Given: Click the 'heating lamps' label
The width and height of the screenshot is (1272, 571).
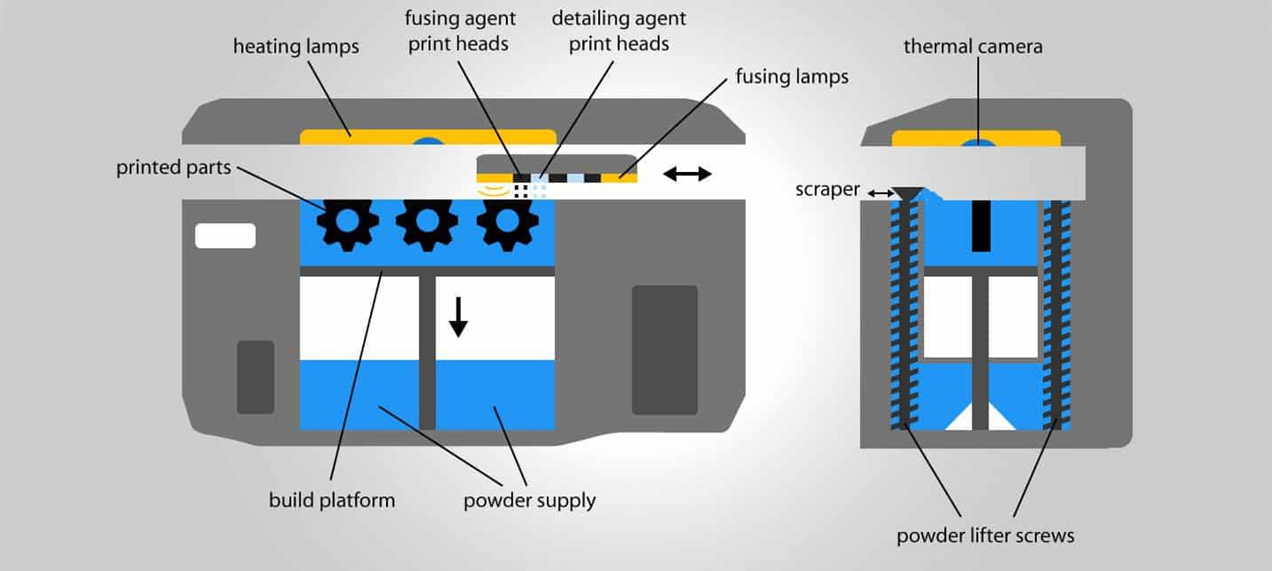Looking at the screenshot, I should click(296, 47).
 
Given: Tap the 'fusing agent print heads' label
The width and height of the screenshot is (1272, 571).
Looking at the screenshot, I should click(461, 31).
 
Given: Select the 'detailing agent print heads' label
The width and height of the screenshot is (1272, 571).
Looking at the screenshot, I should click(618, 31).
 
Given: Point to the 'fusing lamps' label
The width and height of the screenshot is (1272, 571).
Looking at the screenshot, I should click(791, 77).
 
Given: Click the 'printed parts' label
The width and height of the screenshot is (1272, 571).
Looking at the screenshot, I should click(173, 168).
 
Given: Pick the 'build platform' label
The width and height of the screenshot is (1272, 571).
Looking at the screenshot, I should click(332, 500).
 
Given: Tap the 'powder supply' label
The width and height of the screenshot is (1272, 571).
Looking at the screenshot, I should click(529, 501).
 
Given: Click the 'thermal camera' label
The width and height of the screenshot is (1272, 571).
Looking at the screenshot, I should click(973, 47).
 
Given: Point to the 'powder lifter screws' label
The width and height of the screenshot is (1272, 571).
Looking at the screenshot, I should click(985, 536).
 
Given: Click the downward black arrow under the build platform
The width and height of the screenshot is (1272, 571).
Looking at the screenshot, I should click(458, 318).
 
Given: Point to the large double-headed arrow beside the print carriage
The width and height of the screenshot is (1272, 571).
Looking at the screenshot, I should click(687, 174).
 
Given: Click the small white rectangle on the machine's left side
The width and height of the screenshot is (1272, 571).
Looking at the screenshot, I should click(225, 236).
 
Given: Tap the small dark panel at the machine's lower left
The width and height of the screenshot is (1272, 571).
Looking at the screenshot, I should click(255, 377).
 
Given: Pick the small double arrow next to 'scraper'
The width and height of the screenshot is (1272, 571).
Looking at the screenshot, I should click(880, 192).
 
